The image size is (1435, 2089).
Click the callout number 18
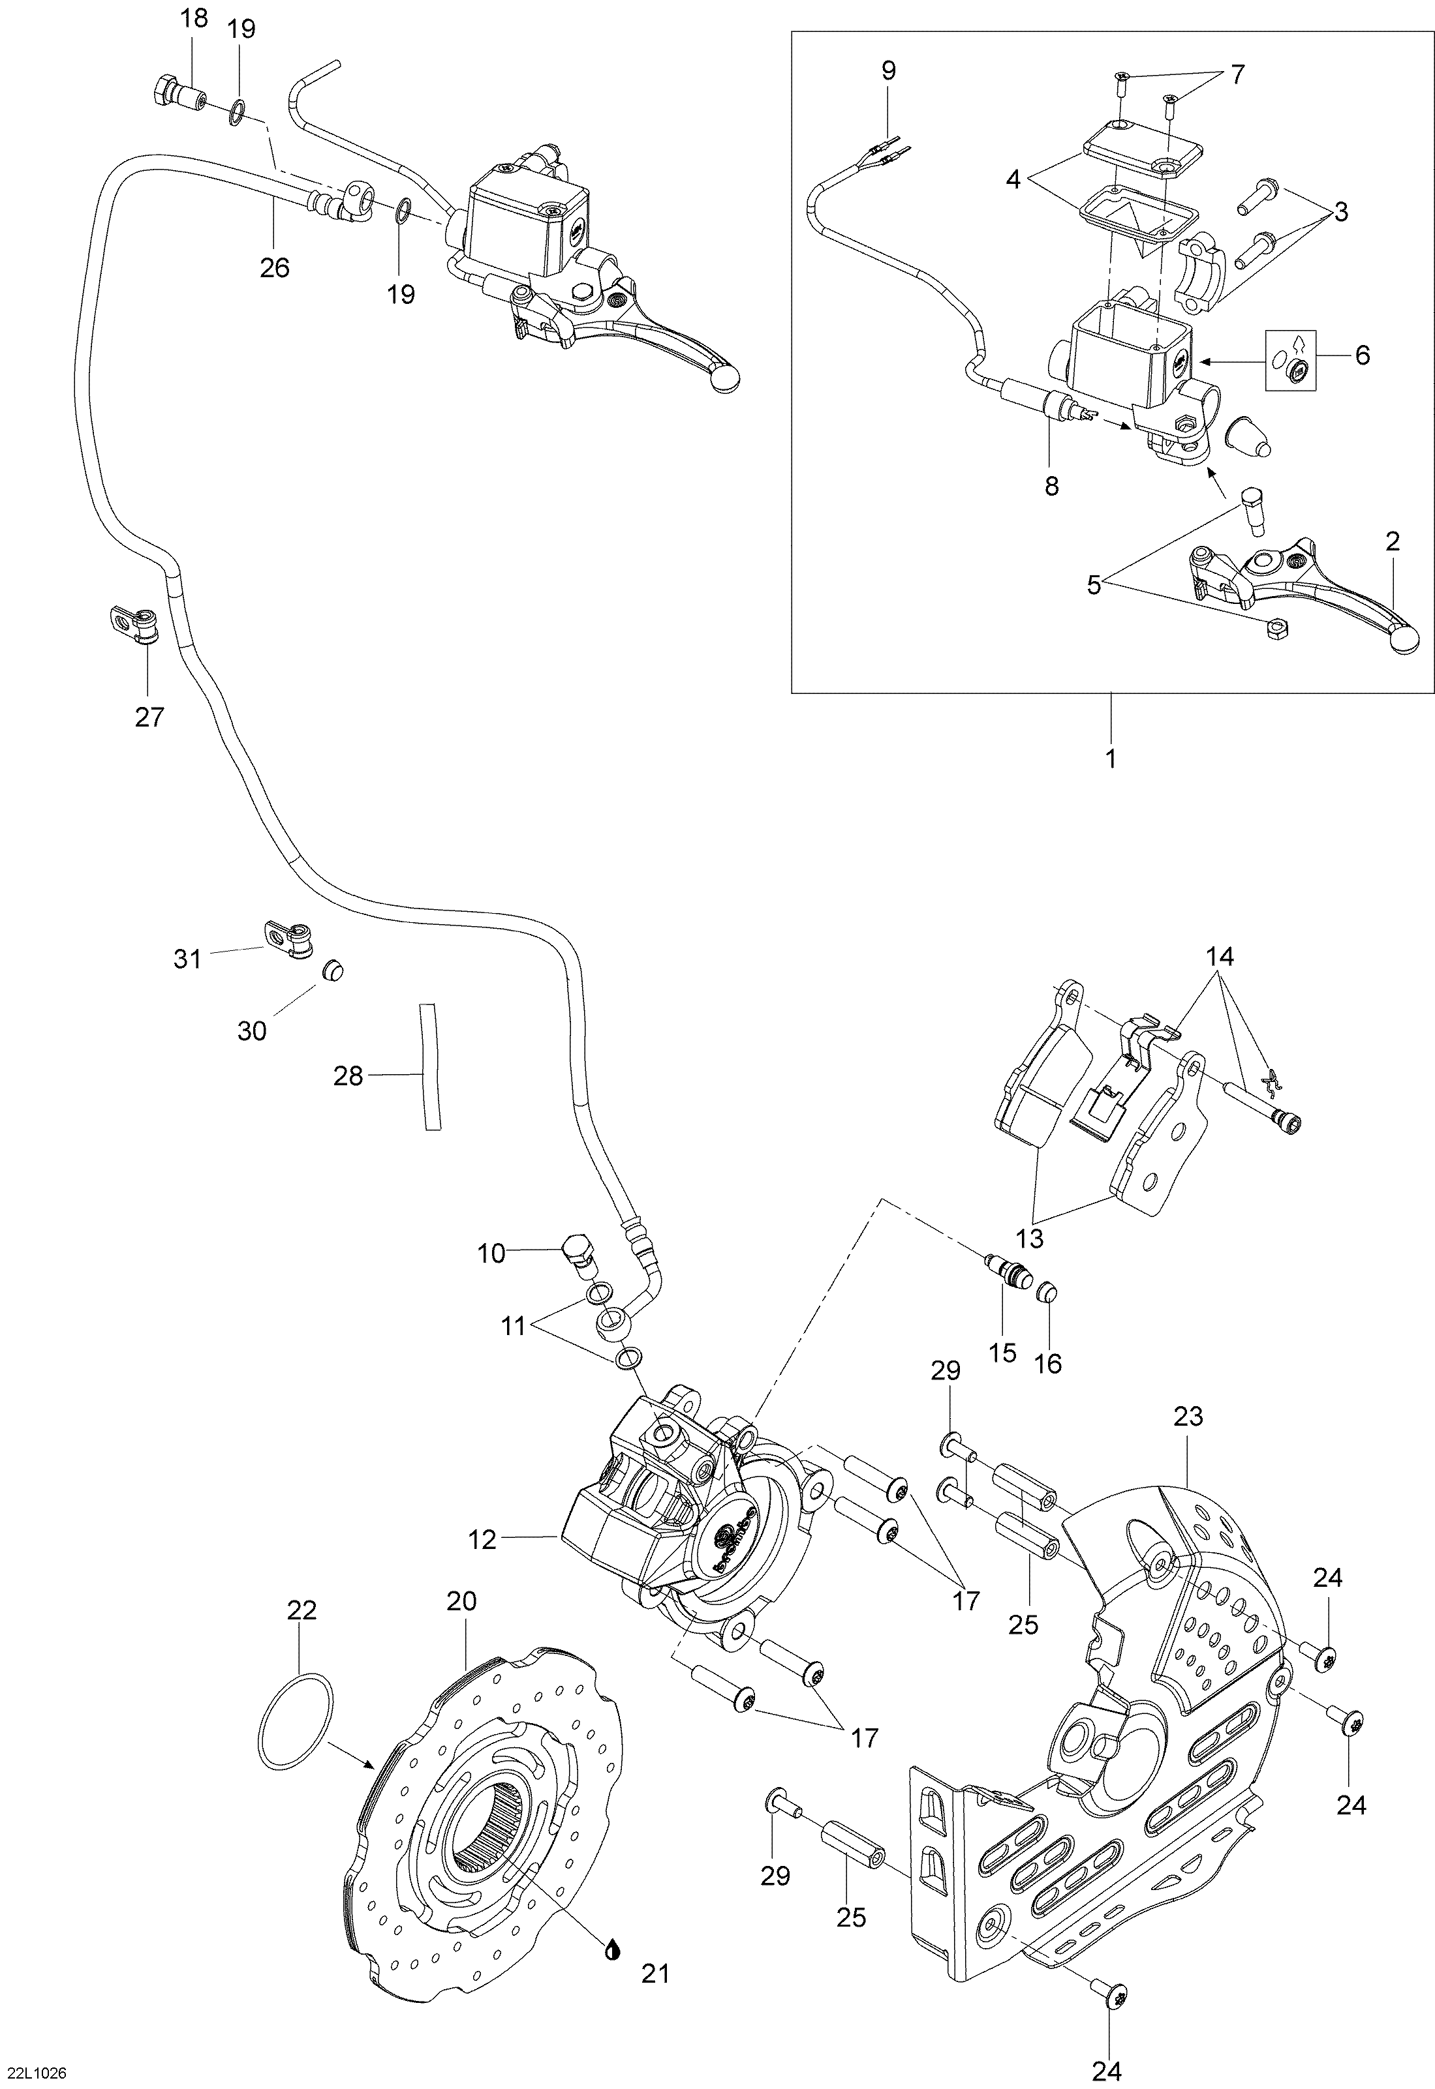194,18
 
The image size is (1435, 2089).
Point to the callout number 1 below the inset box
1111,759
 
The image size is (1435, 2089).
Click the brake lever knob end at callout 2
1406,639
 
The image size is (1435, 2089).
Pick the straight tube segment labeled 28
430,1066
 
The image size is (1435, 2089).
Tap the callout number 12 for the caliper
483,1539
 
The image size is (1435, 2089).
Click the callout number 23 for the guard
1188,1417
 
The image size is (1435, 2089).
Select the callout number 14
1219,956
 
